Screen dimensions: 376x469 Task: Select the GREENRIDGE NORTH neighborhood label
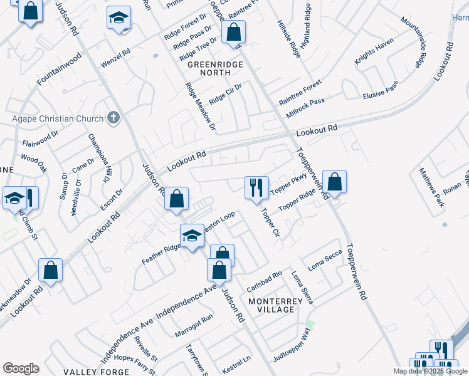pyautogui.click(x=211, y=65)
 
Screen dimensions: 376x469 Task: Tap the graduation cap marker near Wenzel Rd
pyautogui.click(x=118, y=19)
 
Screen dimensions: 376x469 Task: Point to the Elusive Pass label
pyautogui.click(x=381, y=91)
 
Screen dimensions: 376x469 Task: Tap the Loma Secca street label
pyautogui.click(x=324, y=257)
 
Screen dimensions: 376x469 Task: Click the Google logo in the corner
pyautogui.click(x=21, y=368)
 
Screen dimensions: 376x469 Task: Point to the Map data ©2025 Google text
pyautogui.click(x=430, y=371)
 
